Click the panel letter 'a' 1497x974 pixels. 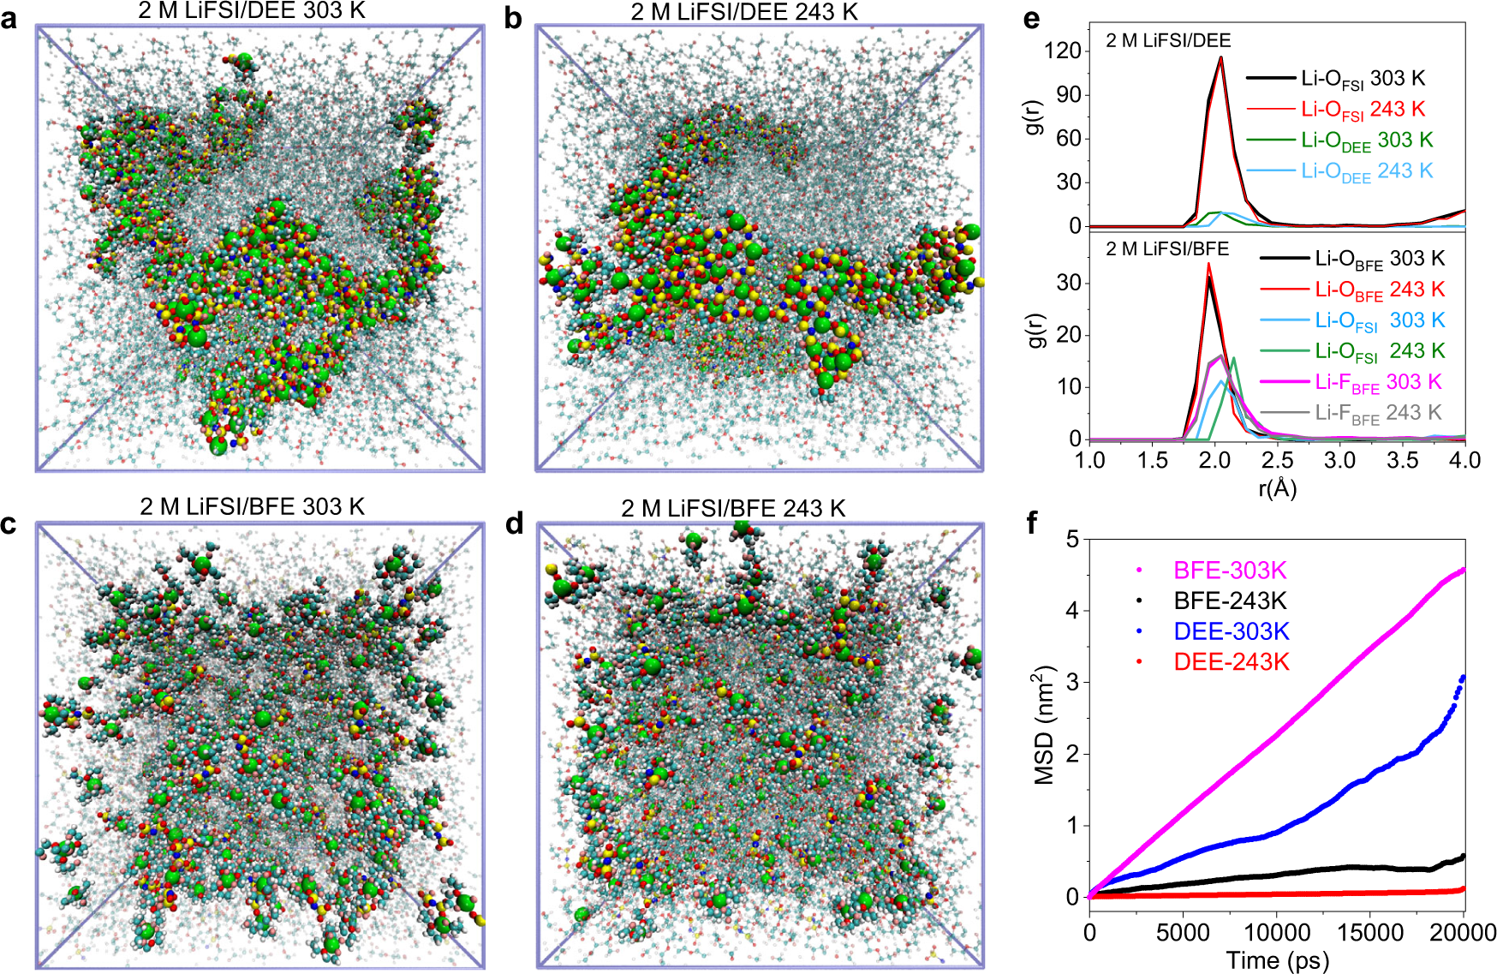(x=9, y=19)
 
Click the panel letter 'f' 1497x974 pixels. (x=1032, y=523)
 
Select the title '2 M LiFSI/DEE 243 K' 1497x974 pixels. (x=743, y=12)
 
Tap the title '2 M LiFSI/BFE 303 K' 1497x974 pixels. (x=253, y=507)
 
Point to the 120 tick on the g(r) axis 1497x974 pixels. (x=1063, y=51)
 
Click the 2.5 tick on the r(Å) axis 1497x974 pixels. (x=1277, y=460)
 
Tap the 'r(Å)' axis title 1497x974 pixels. (x=1277, y=488)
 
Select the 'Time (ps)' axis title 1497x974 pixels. (x=1277, y=960)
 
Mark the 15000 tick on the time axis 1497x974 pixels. (x=1370, y=932)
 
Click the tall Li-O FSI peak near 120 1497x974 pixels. (x=1220, y=58)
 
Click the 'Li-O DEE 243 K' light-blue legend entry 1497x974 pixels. (x=1366, y=171)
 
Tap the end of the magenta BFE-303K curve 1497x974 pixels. (x=1463, y=569)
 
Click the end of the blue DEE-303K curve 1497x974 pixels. (x=1463, y=678)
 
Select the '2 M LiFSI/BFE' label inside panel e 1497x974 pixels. (x=1166, y=249)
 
